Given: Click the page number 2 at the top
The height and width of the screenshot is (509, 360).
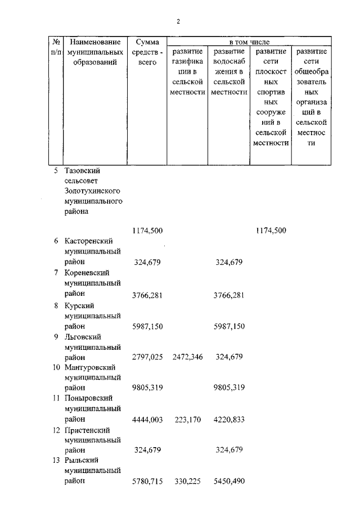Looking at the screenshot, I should coord(178,21).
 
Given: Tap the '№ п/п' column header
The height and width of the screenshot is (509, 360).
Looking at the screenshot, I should coord(56,47).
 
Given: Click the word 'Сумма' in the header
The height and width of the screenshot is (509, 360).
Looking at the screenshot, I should coord(147,42).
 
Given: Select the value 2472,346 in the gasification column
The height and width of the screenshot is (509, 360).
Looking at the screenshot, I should coord(188,357).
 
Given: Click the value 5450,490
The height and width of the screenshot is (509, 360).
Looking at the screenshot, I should coord(229,481).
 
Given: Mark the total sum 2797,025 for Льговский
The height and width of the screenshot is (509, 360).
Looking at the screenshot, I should coord(147,357).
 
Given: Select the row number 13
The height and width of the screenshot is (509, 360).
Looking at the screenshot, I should coord(56,460).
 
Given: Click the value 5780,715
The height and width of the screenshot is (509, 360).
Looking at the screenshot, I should coord(147,481).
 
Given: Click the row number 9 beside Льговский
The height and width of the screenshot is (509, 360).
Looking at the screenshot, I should coord(56,336).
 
